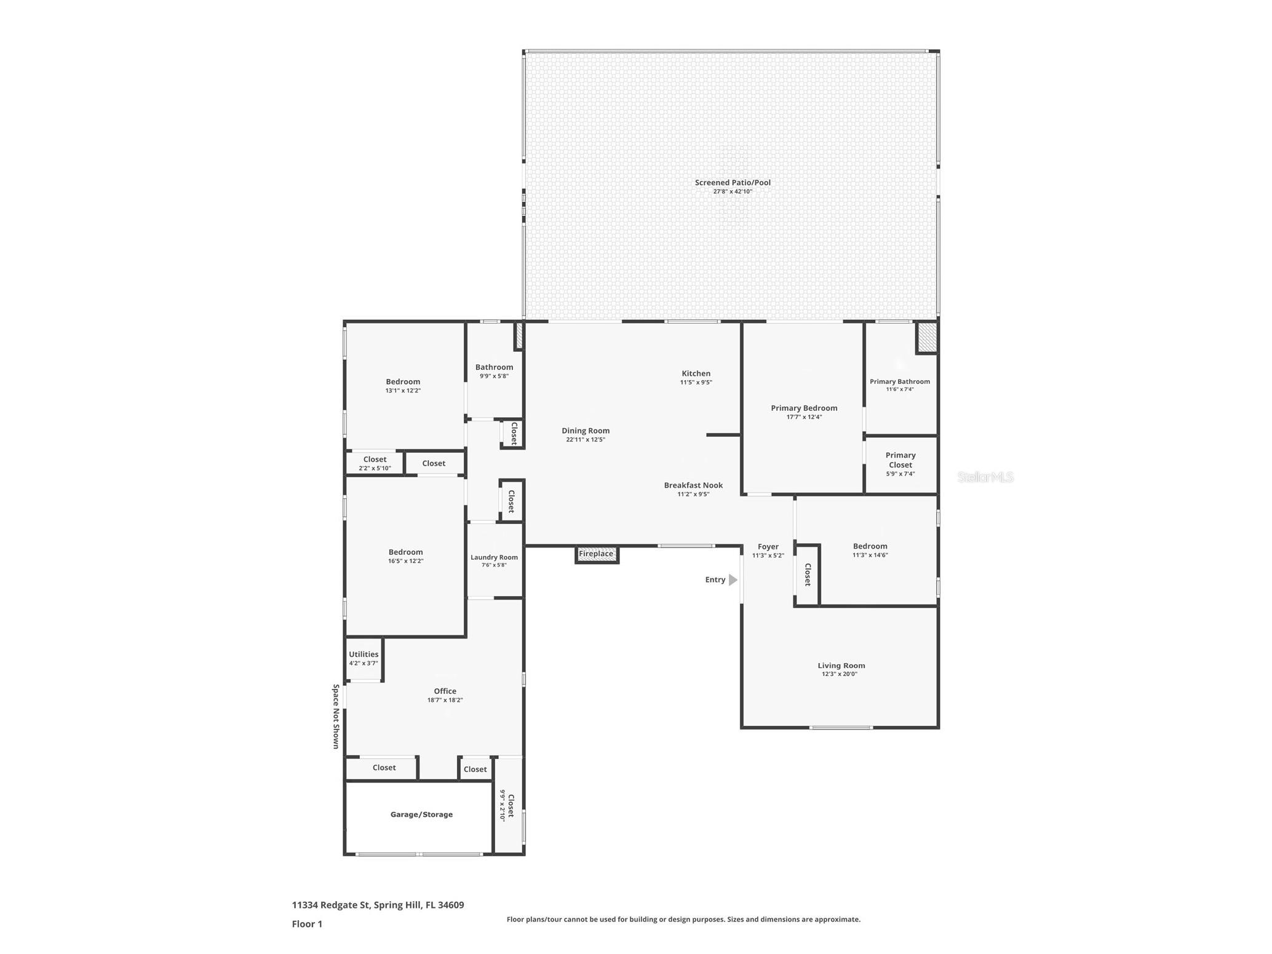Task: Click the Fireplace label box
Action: (x=596, y=554)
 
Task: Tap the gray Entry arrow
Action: (x=733, y=580)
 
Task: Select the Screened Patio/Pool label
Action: (x=733, y=183)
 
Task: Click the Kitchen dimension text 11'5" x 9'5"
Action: (x=696, y=383)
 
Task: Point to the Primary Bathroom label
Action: (x=899, y=382)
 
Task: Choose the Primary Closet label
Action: (x=900, y=460)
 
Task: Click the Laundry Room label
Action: (x=494, y=558)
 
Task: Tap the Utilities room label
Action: (x=364, y=654)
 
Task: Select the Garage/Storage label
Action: (x=421, y=814)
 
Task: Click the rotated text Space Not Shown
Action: (x=336, y=716)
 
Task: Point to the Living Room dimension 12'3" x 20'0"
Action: (x=840, y=674)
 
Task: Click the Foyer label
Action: (x=768, y=547)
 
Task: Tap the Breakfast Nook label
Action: (x=693, y=485)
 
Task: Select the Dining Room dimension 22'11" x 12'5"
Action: (x=586, y=440)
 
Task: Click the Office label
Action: (x=445, y=691)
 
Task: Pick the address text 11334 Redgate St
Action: (x=330, y=905)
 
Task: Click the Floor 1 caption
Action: (x=307, y=924)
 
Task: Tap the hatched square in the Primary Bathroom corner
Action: (x=927, y=338)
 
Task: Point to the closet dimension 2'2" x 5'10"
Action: (x=375, y=469)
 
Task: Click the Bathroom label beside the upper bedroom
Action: (x=494, y=367)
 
